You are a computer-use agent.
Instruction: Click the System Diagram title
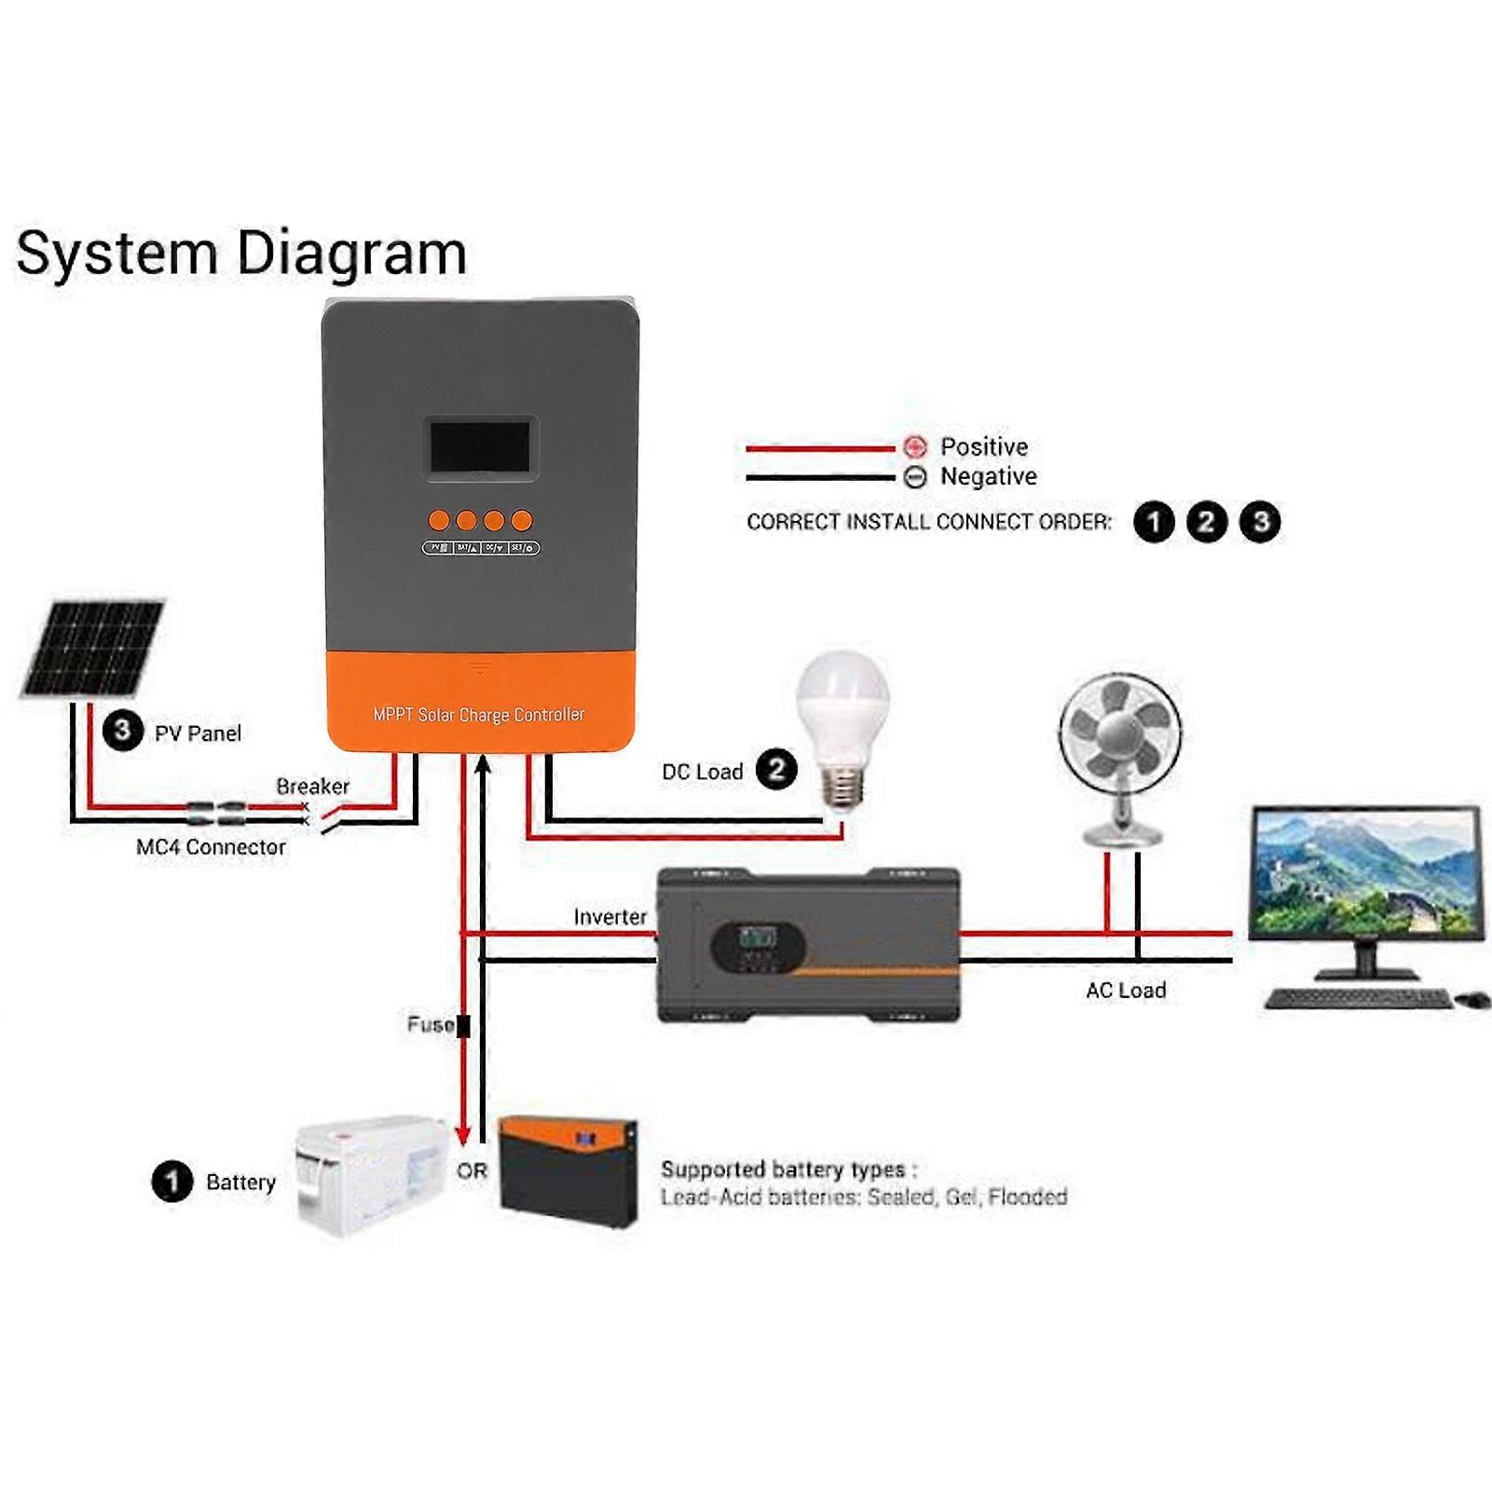tap(241, 253)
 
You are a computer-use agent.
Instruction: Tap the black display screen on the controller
tap(480, 447)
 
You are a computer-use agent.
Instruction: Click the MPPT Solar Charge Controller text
tap(479, 715)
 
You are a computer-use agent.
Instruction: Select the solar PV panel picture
tap(93, 649)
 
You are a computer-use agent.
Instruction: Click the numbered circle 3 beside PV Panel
tap(122, 731)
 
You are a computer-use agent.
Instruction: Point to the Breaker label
tap(312, 787)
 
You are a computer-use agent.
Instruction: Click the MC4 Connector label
tap(211, 847)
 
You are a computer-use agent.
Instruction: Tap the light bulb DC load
tap(842, 718)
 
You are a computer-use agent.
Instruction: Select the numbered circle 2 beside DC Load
tap(776, 770)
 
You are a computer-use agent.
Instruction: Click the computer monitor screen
tap(1365, 873)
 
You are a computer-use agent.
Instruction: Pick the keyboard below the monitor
tap(1358, 999)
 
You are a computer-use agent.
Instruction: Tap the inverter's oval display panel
tap(758, 948)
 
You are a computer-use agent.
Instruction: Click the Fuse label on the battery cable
tap(430, 1024)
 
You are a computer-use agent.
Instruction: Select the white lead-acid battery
tap(370, 1175)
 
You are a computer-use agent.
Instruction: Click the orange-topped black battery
tap(568, 1171)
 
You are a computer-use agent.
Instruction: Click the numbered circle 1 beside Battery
tap(171, 1182)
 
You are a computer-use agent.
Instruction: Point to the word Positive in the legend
tap(983, 446)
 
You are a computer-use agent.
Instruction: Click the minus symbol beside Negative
tap(915, 477)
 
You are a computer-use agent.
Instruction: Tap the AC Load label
tap(1126, 991)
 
